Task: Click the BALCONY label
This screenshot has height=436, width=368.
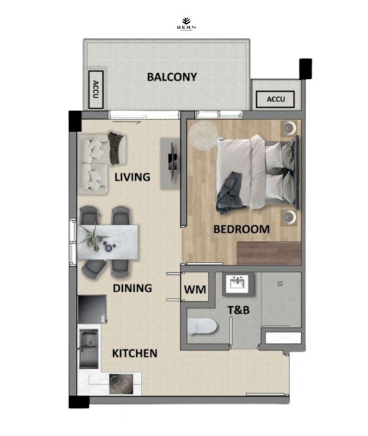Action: click(x=172, y=77)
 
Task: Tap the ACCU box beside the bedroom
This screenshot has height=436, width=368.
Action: click(x=275, y=100)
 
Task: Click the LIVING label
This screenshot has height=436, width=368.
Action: click(x=132, y=177)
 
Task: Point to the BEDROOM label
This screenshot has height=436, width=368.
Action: click(x=241, y=229)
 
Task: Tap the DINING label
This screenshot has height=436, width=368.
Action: click(x=132, y=288)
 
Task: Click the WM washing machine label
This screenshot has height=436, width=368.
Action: click(x=195, y=290)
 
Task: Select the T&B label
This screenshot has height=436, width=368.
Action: click(x=239, y=310)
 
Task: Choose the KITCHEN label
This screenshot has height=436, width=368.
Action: click(x=134, y=353)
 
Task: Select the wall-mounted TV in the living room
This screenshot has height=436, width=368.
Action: click(x=172, y=159)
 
